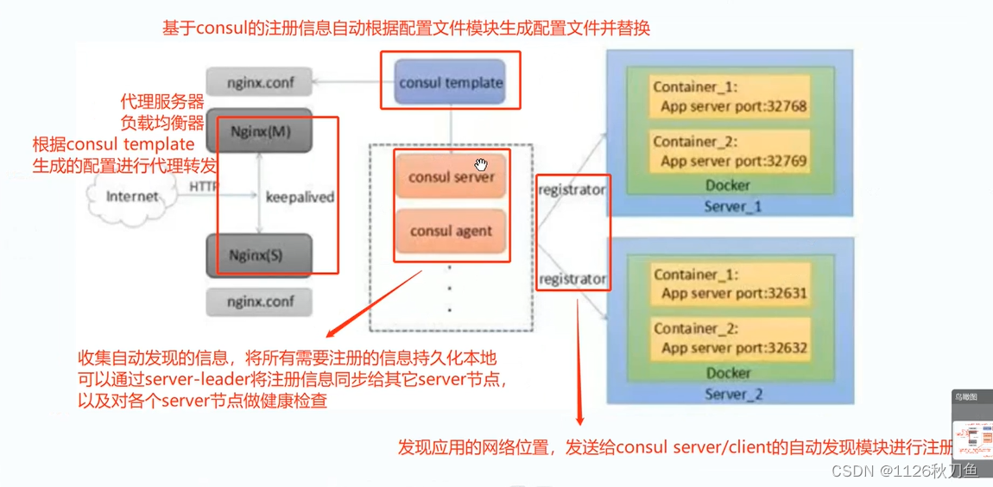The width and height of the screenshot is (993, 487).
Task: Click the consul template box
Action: click(x=451, y=83)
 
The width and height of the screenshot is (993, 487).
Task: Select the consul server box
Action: click(x=452, y=177)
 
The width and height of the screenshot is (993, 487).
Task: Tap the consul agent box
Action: click(x=451, y=231)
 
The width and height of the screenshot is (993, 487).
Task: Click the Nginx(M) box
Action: click(x=260, y=132)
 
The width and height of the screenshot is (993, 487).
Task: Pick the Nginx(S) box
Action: click(x=260, y=255)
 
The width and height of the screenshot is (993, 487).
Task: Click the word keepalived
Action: click(x=300, y=197)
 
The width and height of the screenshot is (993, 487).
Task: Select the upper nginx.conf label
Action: click(x=260, y=83)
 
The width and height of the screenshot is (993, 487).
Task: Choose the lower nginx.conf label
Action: click(x=260, y=302)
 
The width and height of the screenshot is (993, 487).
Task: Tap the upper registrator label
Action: click(x=572, y=189)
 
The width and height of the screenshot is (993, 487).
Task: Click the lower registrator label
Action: click(x=572, y=279)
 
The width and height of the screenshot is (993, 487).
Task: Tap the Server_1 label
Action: click(x=732, y=207)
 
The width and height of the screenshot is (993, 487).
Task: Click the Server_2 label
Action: click(x=732, y=395)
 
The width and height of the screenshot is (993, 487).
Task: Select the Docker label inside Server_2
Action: click(x=728, y=373)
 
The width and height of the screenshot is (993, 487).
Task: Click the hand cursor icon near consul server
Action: click(x=480, y=164)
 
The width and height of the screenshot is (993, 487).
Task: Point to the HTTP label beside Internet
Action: click(x=204, y=186)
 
